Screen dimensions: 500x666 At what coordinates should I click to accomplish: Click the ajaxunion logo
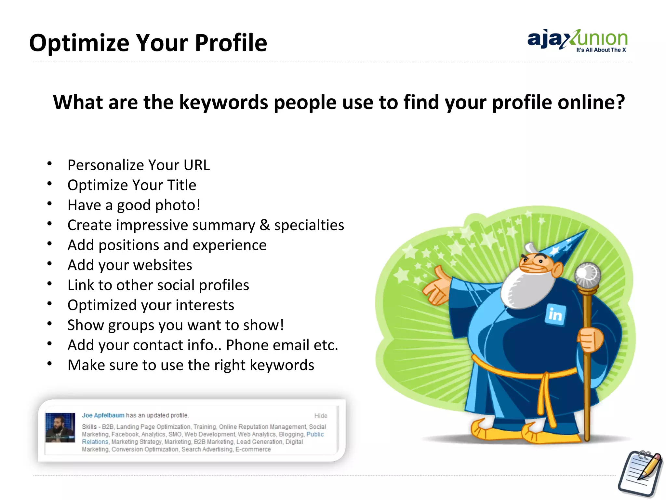[577, 40]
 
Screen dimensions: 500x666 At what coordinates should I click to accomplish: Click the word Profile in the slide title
[231, 43]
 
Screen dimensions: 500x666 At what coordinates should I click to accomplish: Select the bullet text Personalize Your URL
[139, 165]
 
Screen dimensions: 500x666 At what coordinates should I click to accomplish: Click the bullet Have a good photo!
[134, 205]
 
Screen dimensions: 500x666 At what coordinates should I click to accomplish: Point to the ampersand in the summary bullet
[265, 225]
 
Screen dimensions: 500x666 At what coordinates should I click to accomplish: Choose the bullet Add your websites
[130, 265]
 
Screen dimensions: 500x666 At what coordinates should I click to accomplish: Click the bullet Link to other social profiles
[158, 285]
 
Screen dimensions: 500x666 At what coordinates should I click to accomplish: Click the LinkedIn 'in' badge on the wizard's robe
[555, 314]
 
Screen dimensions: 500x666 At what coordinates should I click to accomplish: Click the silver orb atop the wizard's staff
[587, 274]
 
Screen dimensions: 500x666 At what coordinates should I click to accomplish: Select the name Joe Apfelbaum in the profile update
[103, 415]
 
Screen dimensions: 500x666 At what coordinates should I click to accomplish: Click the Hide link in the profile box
[320, 416]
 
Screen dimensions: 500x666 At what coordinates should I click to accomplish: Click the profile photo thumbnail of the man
[60, 427]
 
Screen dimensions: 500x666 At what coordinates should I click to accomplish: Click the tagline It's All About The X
[601, 50]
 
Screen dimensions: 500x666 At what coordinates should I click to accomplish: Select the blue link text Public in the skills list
[315, 434]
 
